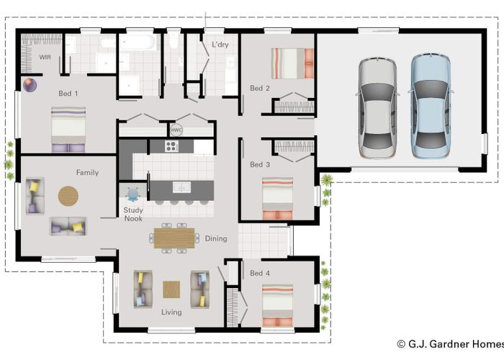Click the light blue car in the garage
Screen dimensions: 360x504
[431, 106]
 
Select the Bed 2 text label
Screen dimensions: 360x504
[259, 89]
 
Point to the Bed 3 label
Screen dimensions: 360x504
[259, 165]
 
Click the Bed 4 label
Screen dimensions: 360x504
[259, 274]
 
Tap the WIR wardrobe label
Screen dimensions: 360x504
[45, 56]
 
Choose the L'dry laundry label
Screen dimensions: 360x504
[220, 45]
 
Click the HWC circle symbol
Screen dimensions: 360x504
[176, 130]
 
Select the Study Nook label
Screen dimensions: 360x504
[132, 215]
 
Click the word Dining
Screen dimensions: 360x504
[215, 238]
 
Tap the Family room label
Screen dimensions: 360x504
[87, 173]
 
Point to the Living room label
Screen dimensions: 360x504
[171, 312]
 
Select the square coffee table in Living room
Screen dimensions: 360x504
[171, 289]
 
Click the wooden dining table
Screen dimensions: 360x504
[174, 236]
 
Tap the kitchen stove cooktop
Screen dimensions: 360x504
[172, 146]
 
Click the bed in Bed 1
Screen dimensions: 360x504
[68, 130]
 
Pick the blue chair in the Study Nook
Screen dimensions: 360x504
[133, 194]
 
